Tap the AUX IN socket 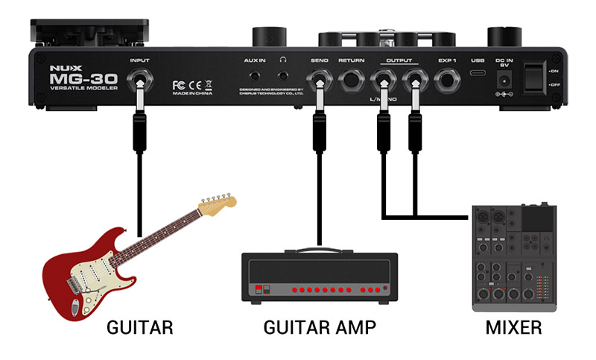[256, 76]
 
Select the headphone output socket [283, 76]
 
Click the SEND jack [320, 78]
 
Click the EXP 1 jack [448, 78]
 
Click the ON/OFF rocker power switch [534, 78]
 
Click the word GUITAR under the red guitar [140, 327]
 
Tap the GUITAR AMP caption [320, 327]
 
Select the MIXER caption [513, 327]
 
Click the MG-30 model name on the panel [74, 78]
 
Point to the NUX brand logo [60, 64]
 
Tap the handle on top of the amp [319, 250]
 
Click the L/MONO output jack [384, 78]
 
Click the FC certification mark [179, 83]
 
